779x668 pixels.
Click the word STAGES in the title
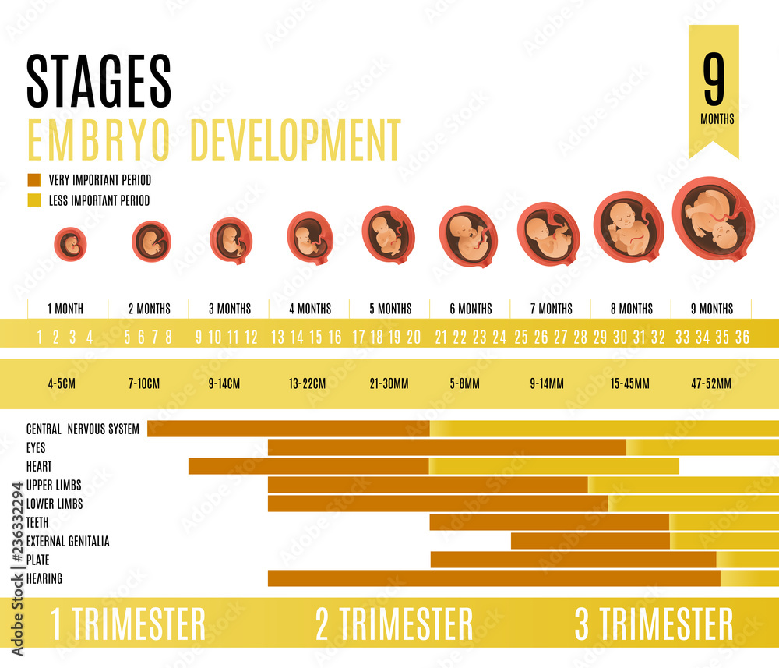[x=99, y=81]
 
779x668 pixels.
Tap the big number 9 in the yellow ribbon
[x=714, y=82]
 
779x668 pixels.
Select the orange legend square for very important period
[x=33, y=180]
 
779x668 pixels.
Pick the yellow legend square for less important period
[x=33, y=200]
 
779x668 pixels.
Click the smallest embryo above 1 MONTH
[x=70, y=244]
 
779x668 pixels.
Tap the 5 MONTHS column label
[x=389, y=309]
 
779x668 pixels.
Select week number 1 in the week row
[x=38, y=338]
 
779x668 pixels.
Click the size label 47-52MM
[x=711, y=383]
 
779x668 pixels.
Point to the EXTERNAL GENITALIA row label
[x=68, y=541]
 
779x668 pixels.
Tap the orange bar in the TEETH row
[x=549, y=522]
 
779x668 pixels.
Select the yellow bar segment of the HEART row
[x=553, y=466]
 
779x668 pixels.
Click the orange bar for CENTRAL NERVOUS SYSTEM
[x=288, y=429]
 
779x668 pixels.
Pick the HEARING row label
[x=44, y=578]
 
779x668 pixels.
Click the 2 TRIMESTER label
[x=394, y=624]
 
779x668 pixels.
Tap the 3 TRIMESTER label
[x=654, y=624]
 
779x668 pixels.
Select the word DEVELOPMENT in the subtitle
[x=295, y=140]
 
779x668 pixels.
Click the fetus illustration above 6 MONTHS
[x=467, y=236]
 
